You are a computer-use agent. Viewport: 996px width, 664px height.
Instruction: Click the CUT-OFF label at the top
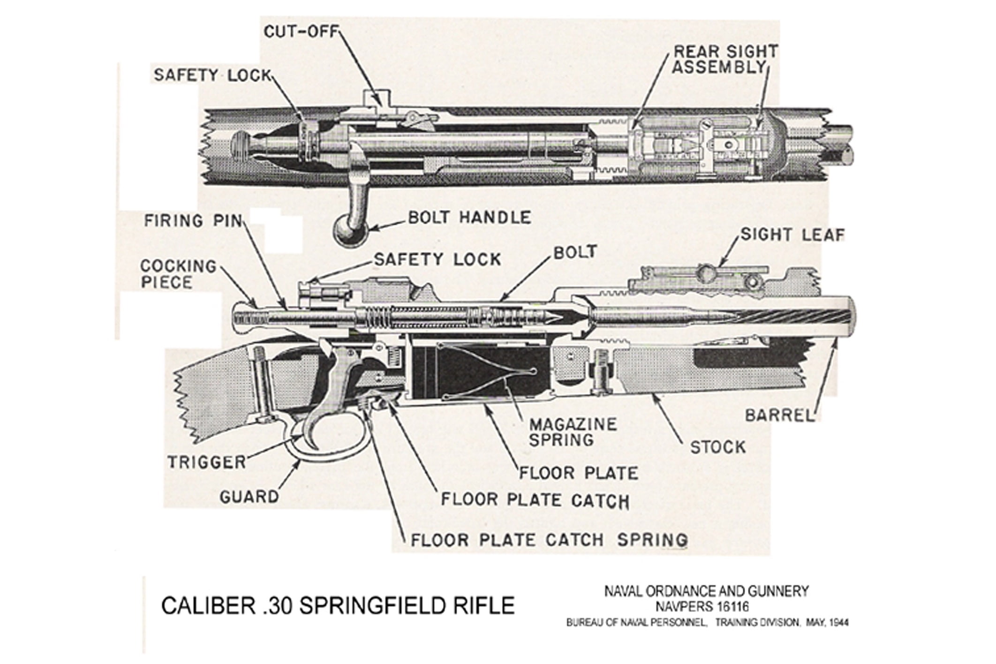coord(301,31)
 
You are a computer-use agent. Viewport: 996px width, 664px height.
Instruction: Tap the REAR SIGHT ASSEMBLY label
coord(725,59)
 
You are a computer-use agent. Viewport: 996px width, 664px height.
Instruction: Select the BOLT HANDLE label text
coord(469,218)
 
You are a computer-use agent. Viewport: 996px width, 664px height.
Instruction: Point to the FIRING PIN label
coord(193,220)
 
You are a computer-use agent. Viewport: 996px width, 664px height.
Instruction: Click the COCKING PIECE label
coord(178,274)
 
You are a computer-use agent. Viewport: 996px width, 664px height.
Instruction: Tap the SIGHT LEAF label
coord(792,234)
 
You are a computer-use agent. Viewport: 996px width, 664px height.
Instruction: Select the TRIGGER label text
coord(207,462)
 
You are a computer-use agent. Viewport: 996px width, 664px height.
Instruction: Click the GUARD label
coord(249,497)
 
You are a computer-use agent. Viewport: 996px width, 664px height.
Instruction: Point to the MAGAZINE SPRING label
coord(573,432)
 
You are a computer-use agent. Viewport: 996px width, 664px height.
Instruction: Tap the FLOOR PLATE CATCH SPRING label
coord(549,540)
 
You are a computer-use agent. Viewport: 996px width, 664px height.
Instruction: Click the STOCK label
coord(717,447)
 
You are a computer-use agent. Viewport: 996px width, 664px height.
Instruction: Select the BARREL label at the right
coord(779,415)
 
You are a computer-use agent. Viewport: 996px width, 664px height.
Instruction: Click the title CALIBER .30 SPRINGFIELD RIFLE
coord(338,605)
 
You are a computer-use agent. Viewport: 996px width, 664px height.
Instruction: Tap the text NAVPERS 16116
coord(706,606)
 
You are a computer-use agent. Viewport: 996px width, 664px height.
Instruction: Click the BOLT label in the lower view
coord(575,252)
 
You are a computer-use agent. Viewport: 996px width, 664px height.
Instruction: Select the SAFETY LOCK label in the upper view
coord(213,75)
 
